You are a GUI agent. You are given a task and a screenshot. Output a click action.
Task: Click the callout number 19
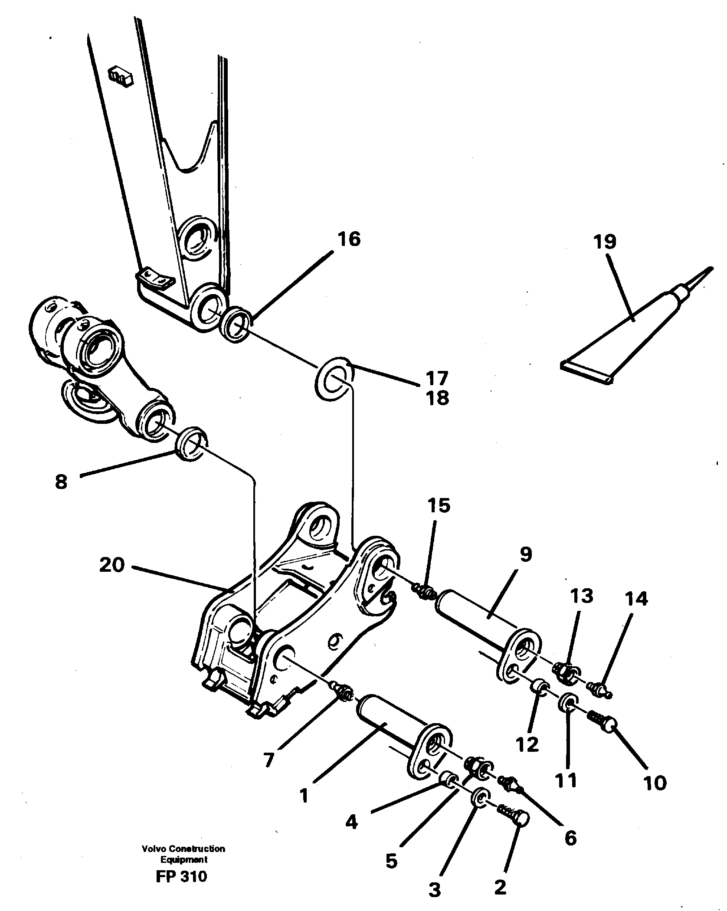click(605, 242)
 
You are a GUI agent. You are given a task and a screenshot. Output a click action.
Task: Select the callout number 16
click(349, 239)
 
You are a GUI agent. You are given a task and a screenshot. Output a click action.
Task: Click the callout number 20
click(112, 565)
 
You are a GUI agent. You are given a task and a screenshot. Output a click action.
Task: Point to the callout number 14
click(636, 599)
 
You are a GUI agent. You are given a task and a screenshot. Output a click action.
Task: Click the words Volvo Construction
click(183, 861)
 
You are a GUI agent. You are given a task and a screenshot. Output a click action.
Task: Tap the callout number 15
click(439, 506)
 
